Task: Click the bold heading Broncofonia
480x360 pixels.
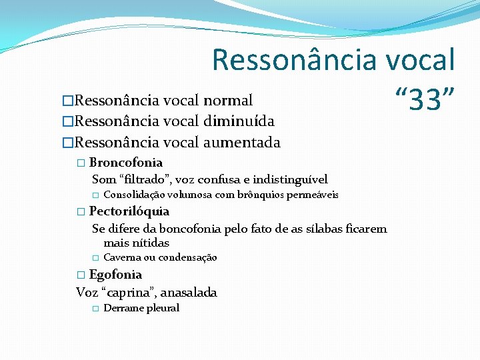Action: tap(126, 163)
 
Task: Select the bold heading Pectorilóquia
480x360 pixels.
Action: tap(129, 211)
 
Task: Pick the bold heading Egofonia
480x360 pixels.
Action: tap(115, 275)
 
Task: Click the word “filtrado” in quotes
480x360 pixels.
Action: tap(147, 179)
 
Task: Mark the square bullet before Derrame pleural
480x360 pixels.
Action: tap(95, 309)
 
